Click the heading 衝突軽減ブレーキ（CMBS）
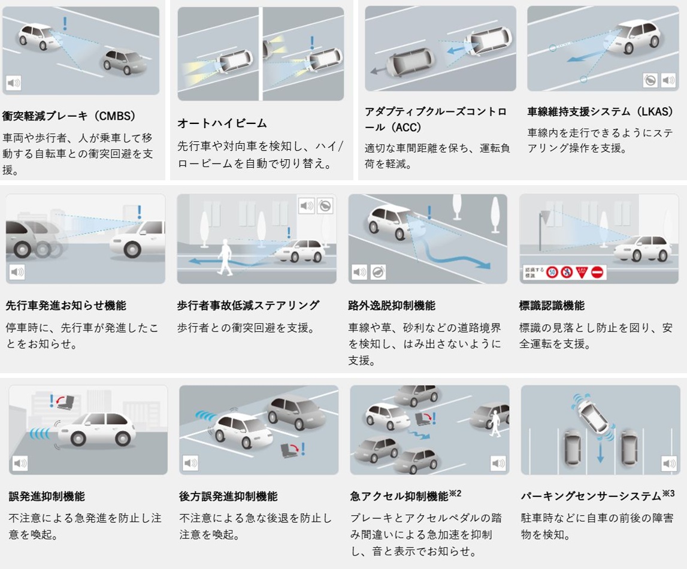coord(69,116)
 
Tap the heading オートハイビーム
coord(222,123)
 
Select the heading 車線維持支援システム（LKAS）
coord(600,111)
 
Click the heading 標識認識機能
coord(552,305)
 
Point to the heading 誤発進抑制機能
coord(47,497)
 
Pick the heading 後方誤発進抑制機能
coord(228,497)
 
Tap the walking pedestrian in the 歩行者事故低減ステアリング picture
coord(225,257)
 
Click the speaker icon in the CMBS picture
coord(14,83)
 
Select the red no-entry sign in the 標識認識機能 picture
coord(597,273)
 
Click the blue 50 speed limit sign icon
coord(552,273)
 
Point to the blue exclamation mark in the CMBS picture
coord(65,23)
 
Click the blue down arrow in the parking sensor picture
coord(600,452)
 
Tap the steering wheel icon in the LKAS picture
coord(650,80)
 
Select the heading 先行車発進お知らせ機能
coord(66,305)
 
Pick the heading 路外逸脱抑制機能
coord(392,305)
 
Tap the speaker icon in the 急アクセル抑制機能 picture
coord(498,463)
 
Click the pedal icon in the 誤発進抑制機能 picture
coord(66,402)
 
